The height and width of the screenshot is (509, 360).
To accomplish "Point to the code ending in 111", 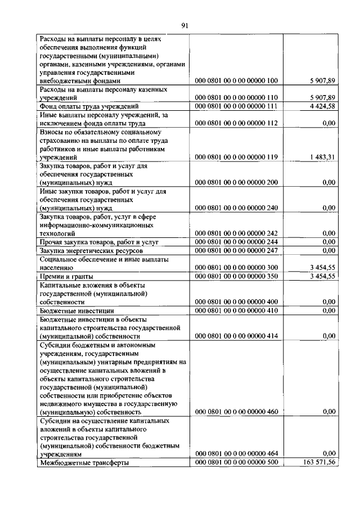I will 236,106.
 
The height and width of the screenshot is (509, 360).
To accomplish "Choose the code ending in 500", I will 236,462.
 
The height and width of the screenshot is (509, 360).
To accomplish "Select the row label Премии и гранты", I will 66,276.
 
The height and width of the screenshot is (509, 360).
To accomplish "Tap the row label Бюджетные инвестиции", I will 76,310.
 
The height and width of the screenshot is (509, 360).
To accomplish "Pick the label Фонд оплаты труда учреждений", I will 89,106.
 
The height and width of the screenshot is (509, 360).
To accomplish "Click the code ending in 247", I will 236,250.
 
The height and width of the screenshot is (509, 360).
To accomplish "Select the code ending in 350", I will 236,276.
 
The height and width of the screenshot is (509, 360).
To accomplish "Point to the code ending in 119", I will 236,157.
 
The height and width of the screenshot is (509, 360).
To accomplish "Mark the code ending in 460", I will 236,412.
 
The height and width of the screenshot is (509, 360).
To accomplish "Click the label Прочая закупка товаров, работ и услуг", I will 97,242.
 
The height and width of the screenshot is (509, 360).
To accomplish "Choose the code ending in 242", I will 236,233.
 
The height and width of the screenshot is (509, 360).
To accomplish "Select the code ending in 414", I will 236,336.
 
